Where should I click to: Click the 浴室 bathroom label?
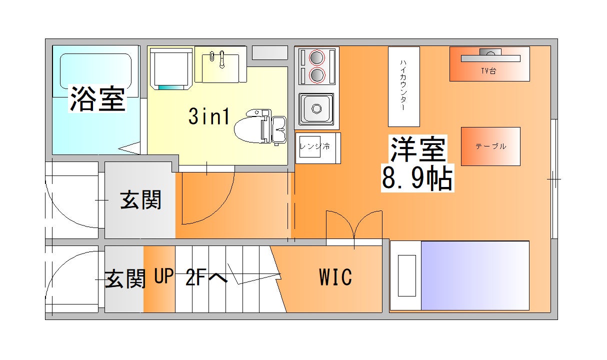click(x=98, y=98)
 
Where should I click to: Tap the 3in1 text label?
click(x=209, y=116)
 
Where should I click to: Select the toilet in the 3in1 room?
click(x=260, y=126)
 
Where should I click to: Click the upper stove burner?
click(x=317, y=57)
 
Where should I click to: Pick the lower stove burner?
click(x=317, y=75)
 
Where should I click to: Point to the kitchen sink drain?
click(x=316, y=109)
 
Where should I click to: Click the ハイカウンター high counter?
click(x=404, y=86)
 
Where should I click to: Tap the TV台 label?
click(x=488, y=71)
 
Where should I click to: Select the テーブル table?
click(x=490, y=146)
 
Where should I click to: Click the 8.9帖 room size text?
click(x=417, y=178)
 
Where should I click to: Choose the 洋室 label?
click(x=418, y=149)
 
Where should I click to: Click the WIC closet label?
click(x=335, y=277)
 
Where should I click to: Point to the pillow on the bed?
click(x=406, y=275)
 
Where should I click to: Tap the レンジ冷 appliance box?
click(x=318, y=148)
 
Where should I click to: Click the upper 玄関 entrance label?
click(x=140, y=200)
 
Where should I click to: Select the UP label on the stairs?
click(x=164, y=276)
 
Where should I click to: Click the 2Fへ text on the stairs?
click(x=206, y=277)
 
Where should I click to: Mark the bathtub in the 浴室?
click(x=95, y=71)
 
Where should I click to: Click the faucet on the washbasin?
click(x=221, y=59)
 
